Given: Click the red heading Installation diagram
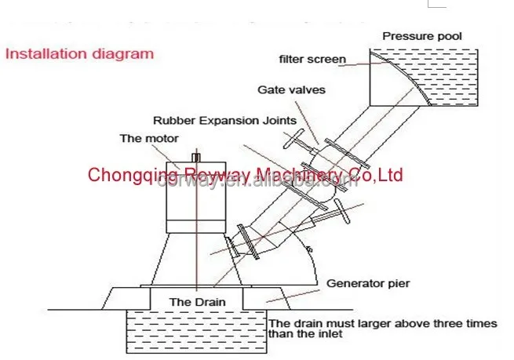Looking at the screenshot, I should pos(79,54).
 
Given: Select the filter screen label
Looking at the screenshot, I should pos(314,59).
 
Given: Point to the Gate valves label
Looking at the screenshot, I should pos(291,89).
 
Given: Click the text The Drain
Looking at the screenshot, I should pos(193,301).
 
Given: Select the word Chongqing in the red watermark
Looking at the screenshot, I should pos(124,174).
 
